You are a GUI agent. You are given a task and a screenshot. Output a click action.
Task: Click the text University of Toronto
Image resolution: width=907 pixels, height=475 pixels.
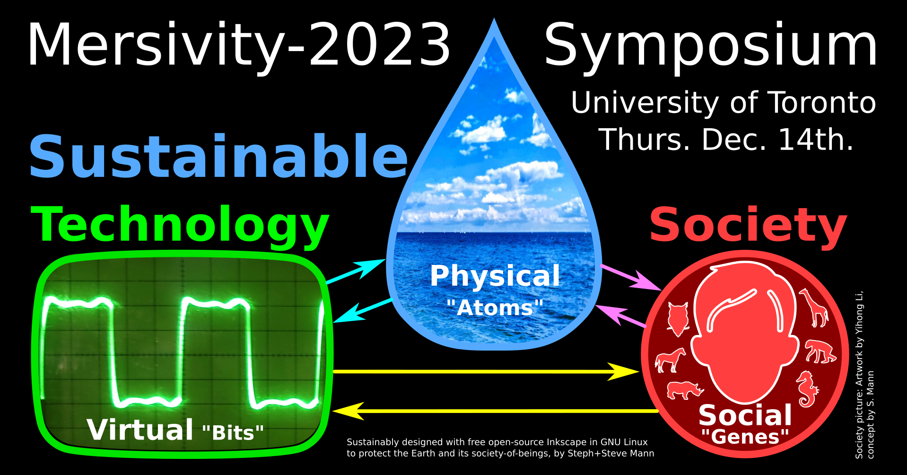tap(724, 103)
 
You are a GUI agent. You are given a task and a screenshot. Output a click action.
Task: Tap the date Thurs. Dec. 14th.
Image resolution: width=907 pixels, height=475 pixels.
tap(726, 140)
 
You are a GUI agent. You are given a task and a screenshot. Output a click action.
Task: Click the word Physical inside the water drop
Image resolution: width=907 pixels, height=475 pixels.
tap(495, 276)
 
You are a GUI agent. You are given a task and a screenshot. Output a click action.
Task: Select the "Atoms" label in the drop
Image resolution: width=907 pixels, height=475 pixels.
tap(495, 308)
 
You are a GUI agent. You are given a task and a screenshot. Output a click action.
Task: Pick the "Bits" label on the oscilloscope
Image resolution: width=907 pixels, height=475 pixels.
tap(233, 432)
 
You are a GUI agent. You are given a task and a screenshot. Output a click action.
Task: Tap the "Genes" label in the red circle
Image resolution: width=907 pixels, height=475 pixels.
tap(745, 436)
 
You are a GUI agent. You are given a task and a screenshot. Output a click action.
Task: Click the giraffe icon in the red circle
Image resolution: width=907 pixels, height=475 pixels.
tap(814, 308)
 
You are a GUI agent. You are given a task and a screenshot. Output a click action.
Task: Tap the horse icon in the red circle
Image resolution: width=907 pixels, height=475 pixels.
tap(670, 360)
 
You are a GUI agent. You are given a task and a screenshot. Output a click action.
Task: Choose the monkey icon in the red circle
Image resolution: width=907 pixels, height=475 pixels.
tap(820, 351)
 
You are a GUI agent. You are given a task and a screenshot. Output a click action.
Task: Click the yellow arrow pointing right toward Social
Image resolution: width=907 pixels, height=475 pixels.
tap(486, 372)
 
